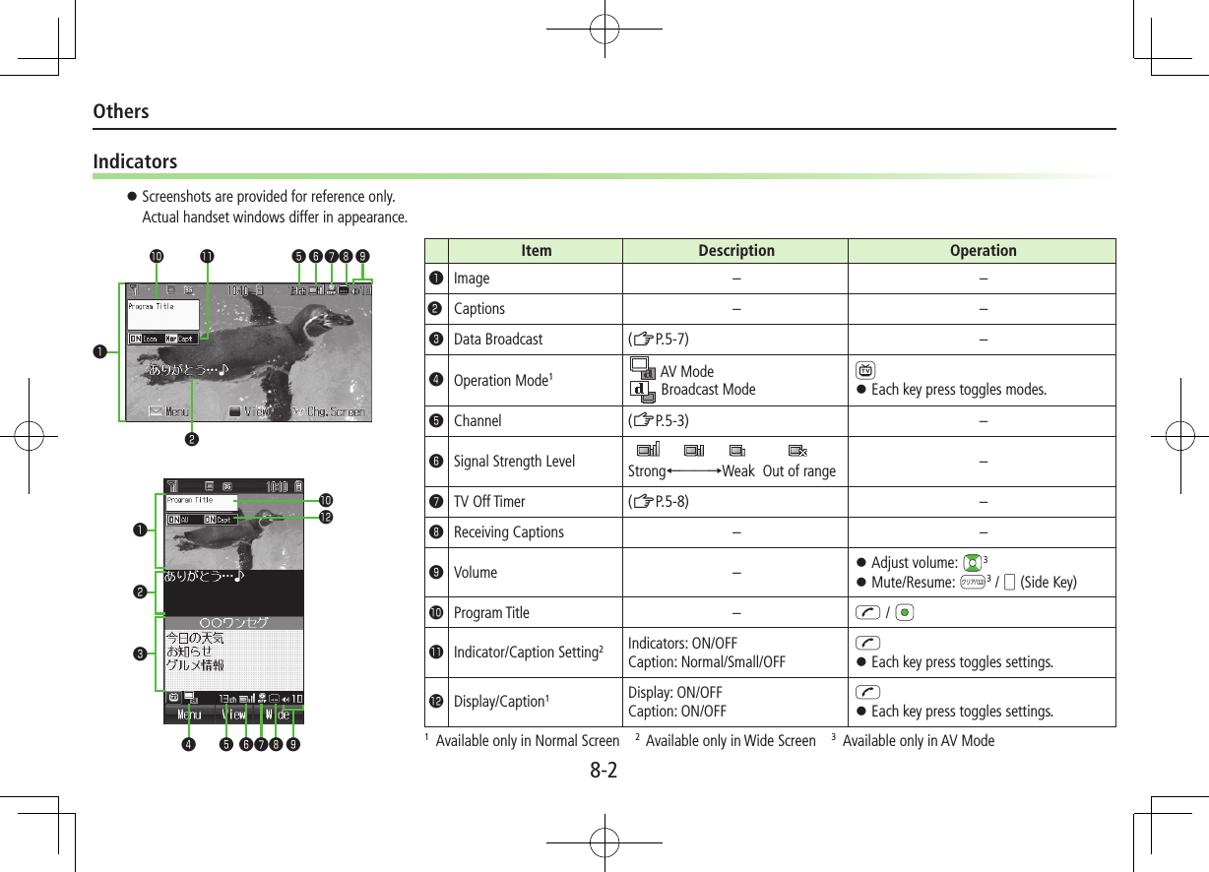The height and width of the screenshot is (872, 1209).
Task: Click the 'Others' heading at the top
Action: (x=121, y=111)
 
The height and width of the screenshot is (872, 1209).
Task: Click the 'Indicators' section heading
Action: (x=135, y=161)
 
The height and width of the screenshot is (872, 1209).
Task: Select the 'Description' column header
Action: (x=735, y=251)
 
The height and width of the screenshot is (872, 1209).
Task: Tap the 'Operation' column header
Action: (x=983, y=251)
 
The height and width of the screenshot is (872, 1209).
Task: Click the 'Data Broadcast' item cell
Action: (x=497, y=340)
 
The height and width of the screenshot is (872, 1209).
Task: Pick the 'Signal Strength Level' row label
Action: (x=514, y=462)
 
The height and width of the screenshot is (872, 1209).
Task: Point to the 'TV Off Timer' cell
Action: (x=489, y=502)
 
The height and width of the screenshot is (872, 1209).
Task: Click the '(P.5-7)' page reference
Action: (x=659, y=340)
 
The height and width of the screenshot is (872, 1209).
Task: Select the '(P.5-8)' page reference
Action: (x=659, y=502)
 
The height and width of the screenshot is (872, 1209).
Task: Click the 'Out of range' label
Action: (x=798, y=471)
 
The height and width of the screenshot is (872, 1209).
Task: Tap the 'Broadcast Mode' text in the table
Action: (x=708, y=390)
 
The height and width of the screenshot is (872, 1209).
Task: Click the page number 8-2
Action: (x=604, y=770)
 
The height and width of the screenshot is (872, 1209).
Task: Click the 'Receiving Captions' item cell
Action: (x=508, y=532)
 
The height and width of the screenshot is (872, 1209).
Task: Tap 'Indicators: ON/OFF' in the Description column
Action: (x=682, y=644)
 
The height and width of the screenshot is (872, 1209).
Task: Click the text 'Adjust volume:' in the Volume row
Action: (x=914, y=563)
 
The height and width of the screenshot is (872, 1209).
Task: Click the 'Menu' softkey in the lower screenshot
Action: (x=188, y=715)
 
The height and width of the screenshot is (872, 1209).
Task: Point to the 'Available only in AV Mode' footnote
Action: (x=918, y=741)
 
